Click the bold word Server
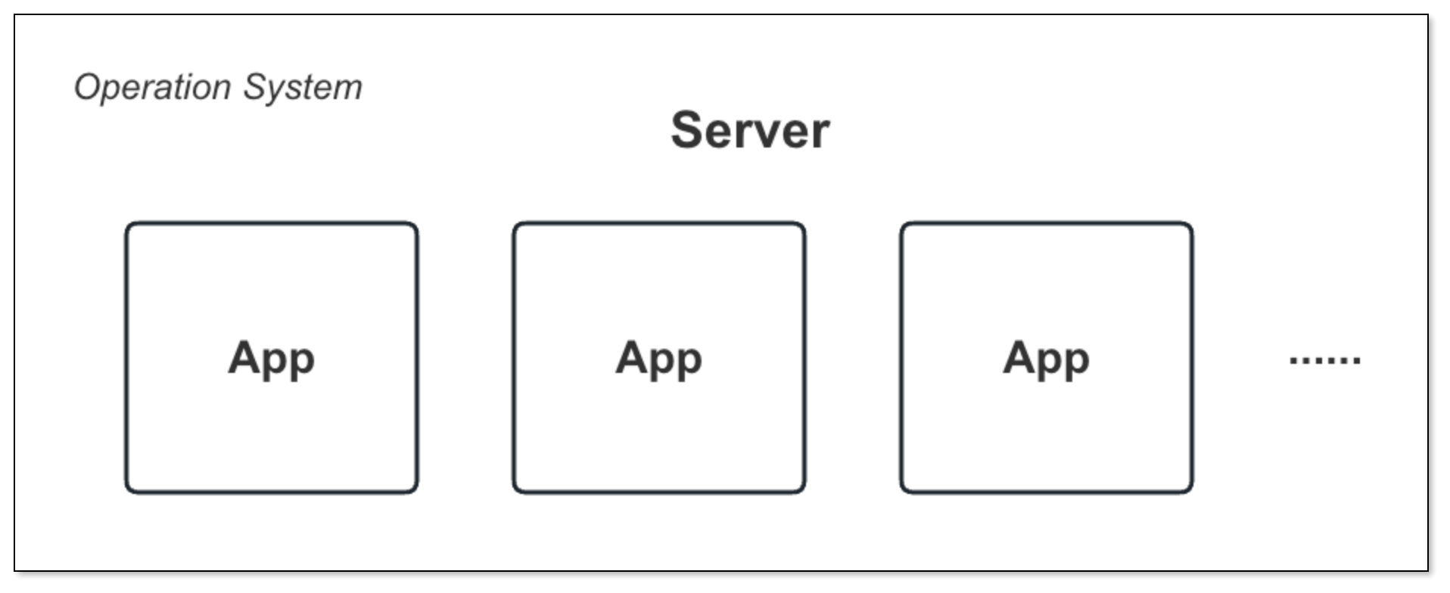(x=750, y=131)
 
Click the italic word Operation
(x=152, y=88)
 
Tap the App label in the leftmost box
(x=271, y=358)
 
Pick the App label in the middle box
(x=658, y=358)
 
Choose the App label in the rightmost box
(x=1046, y=358)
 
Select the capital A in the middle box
(x=632, y=356)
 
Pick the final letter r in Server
(x=822, y=134)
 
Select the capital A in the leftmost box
(x=244, y=356)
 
